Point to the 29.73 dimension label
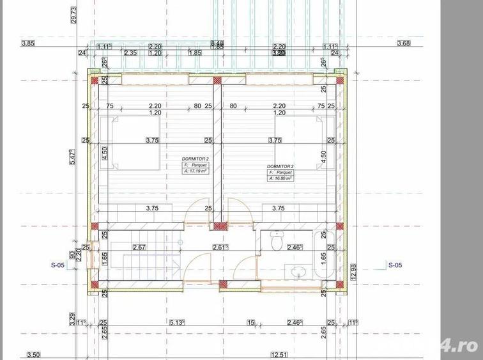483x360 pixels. [74, 14]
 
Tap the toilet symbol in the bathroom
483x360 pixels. [276, 241]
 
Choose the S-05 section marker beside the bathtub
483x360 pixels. [396, 263]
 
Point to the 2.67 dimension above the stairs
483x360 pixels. [139, 247]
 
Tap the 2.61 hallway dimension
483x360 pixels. [220, 247]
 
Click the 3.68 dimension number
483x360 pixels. [404, 43]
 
